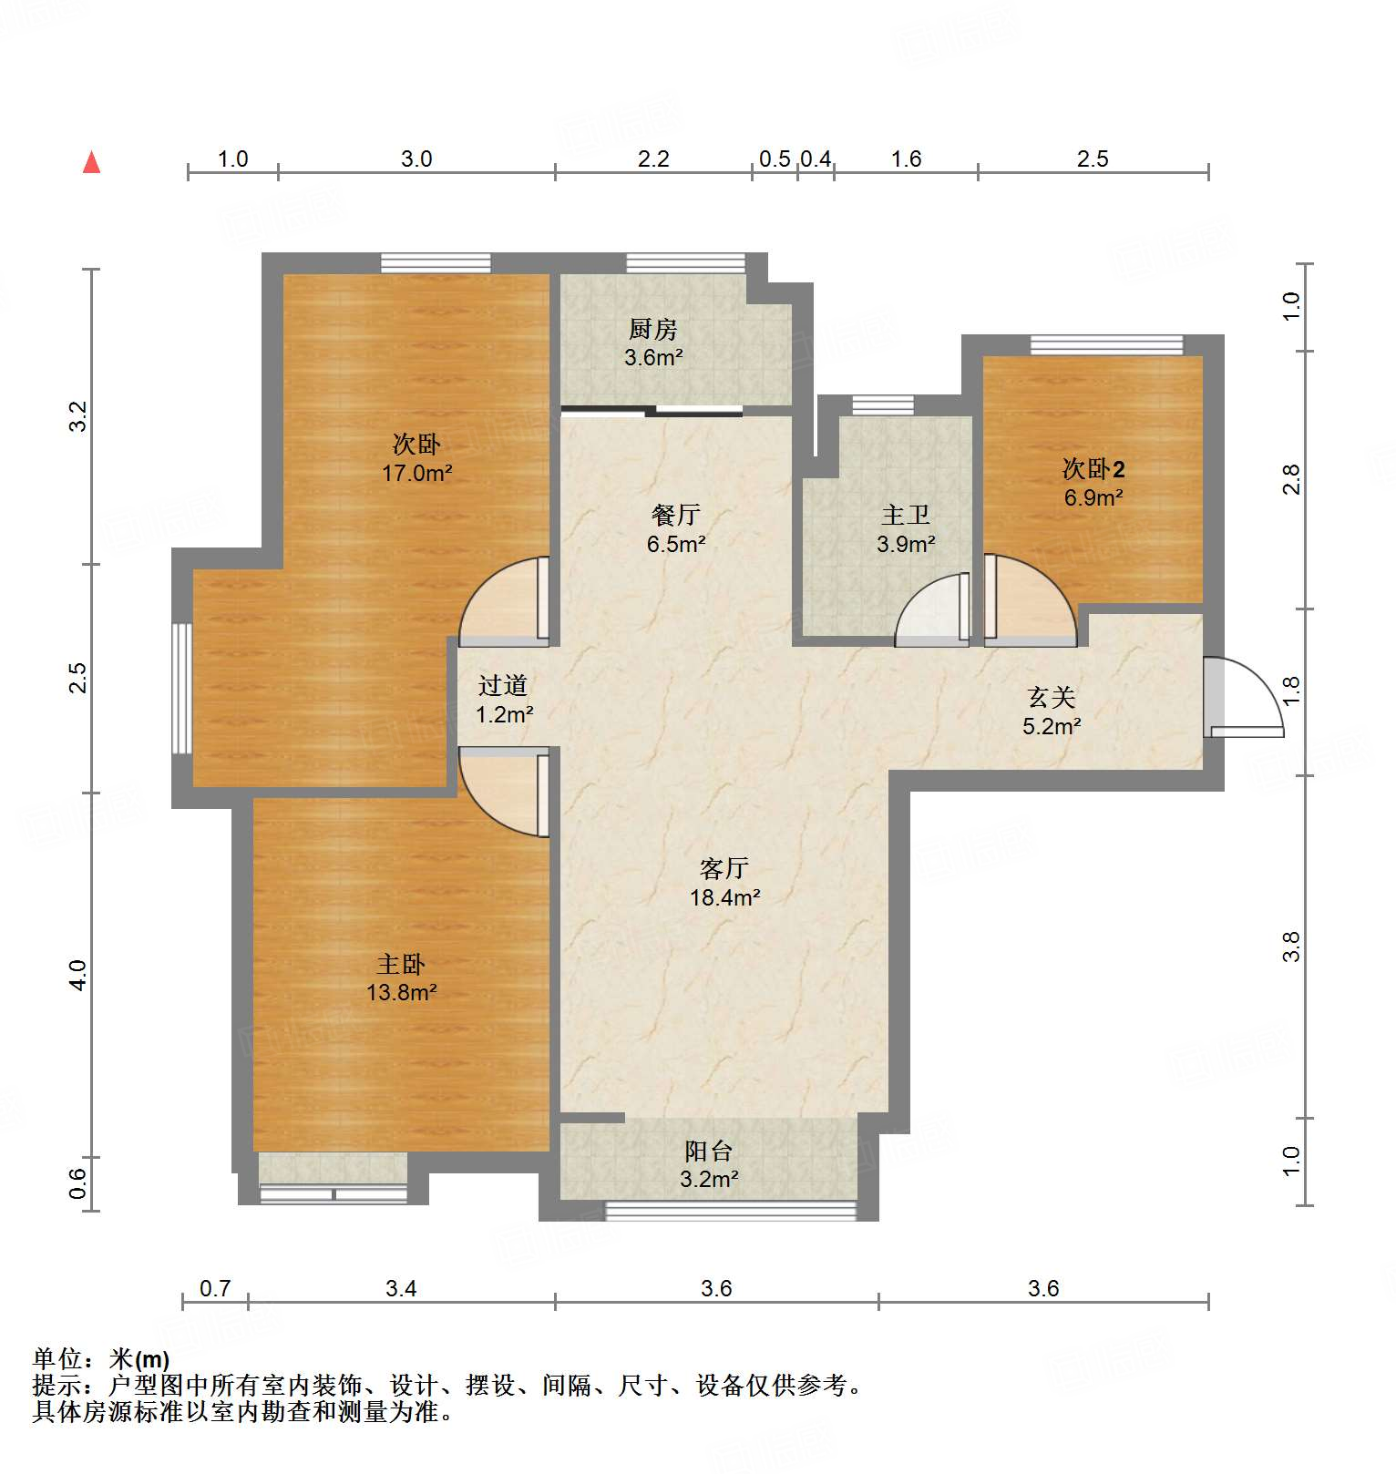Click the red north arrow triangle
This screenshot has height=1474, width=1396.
[91, 163]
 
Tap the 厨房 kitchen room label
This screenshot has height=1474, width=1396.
[652, 328]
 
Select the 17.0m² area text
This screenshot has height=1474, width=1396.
[416, 474]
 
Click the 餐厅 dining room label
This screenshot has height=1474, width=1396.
[675, 516]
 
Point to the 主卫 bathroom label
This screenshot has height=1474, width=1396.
[905, 516]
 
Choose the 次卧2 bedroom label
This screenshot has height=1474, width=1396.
[1093, 469]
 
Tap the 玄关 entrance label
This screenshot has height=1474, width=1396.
[1051, 698]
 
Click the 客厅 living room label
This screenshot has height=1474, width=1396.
[724, 868]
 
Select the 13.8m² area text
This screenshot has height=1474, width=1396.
[401, 993]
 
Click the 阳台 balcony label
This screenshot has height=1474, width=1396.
[708, 1152]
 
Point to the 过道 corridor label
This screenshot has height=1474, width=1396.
[503, 685]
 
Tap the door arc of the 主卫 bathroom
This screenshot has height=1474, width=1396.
[929, 610]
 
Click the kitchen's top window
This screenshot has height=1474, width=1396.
[685, 263]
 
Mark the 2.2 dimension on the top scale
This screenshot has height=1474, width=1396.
[652, 159]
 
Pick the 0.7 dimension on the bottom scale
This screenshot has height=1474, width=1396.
[215, 1289]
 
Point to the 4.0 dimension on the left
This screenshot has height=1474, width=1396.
[79, 975]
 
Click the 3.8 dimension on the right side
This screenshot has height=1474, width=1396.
[1290, 947]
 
